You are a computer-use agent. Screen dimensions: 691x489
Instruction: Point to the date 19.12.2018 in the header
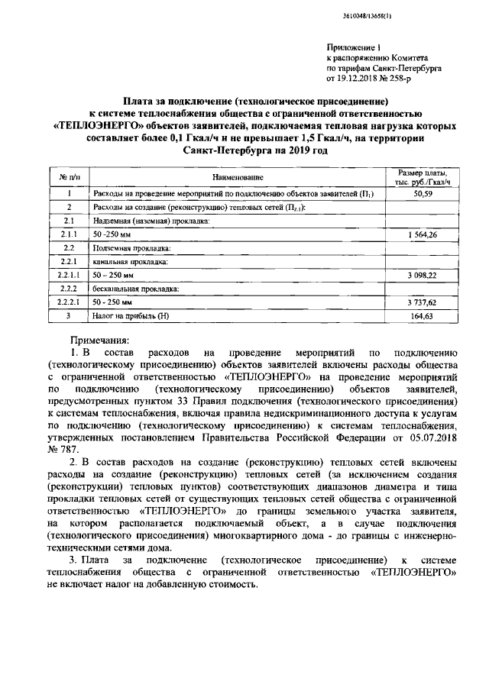(361, 77)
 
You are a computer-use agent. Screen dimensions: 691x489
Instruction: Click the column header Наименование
(238, 177)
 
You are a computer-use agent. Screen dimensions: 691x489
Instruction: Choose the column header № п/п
(70, 177)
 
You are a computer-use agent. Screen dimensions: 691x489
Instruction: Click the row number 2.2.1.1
(70, 275)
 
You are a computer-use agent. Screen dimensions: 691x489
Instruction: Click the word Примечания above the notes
(99, 338)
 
